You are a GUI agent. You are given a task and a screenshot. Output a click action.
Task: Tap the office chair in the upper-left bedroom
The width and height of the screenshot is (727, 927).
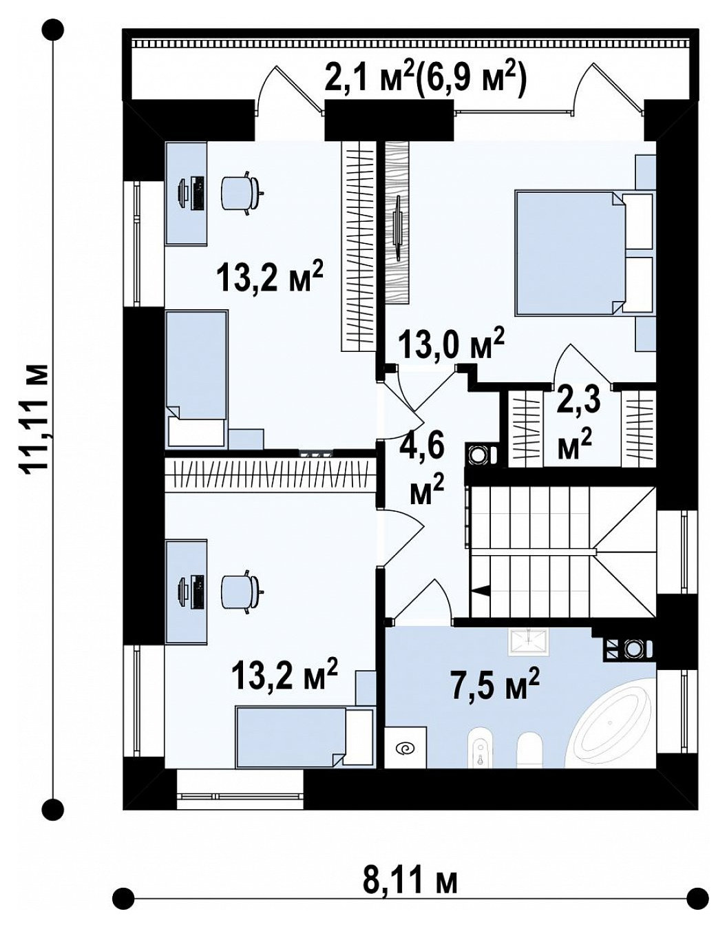[242, 194]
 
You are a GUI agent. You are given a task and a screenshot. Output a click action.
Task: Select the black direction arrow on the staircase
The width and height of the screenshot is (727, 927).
[479, 591]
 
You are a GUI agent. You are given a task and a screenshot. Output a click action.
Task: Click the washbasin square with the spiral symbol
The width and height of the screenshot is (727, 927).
[405, 747]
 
